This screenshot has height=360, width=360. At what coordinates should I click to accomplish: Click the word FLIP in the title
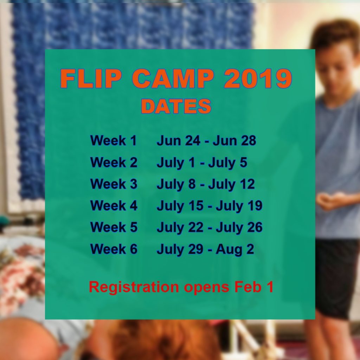(91, 78)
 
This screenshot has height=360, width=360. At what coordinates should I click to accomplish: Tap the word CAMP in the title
(173, 78)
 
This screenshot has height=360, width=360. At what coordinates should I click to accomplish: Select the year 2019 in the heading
(258, 78)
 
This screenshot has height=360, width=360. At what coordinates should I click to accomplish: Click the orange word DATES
(176, 106)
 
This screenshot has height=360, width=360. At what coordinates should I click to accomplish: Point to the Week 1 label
(114, 141)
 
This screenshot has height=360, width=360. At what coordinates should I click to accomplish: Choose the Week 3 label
(114, 184)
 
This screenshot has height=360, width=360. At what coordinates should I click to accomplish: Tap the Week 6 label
(114, 249)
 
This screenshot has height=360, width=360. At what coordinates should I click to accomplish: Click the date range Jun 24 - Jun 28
(206, 141)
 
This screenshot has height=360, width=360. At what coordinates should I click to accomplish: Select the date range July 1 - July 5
(202, 163)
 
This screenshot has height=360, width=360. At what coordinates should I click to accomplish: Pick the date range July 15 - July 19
(210, 206)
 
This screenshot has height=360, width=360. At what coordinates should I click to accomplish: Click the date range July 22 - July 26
(210, 227)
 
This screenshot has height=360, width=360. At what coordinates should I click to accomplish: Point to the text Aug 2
(235, 250)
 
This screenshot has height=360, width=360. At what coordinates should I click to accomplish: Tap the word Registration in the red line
(134, 287)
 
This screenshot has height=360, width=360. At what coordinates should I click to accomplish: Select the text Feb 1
(254, 287)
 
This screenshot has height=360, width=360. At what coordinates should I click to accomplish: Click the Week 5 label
(114, 227)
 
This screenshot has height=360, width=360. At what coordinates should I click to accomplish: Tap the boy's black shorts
(336, 278)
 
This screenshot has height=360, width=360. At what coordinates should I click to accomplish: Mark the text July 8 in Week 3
(176, 185)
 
